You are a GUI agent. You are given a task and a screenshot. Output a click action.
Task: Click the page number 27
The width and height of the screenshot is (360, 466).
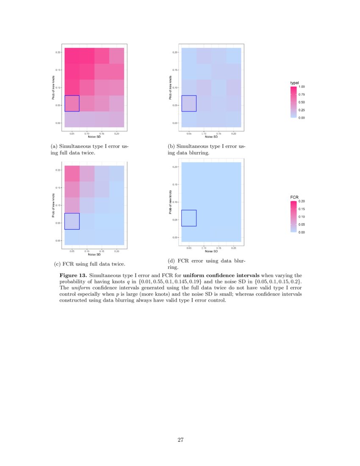pos(180,440)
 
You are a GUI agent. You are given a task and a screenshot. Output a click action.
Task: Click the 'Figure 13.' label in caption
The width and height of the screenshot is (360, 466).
pos(75,275)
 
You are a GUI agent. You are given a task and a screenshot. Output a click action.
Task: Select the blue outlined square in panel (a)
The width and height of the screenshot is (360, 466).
pos(72,103)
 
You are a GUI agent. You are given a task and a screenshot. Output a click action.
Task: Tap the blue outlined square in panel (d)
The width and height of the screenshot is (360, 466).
pos(189,218)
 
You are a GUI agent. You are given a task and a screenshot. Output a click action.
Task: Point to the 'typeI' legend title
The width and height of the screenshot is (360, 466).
pos(294,82)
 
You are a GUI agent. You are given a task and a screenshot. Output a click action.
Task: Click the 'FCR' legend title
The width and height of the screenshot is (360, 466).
pos(294,197)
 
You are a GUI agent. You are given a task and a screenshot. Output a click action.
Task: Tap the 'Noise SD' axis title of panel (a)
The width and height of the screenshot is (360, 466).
pos(94,137)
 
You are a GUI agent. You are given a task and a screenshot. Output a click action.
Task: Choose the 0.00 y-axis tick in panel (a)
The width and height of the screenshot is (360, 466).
pos(58,123)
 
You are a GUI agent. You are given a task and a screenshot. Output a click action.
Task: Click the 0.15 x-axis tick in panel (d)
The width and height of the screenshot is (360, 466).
pos(219,248)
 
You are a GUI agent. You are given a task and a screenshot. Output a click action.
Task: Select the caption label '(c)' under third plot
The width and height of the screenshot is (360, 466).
pos(58,264)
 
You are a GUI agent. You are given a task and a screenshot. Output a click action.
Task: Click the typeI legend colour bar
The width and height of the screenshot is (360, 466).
pos(294,102)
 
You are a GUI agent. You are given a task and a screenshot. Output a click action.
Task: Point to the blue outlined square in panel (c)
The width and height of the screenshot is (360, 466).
pos(72,221)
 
